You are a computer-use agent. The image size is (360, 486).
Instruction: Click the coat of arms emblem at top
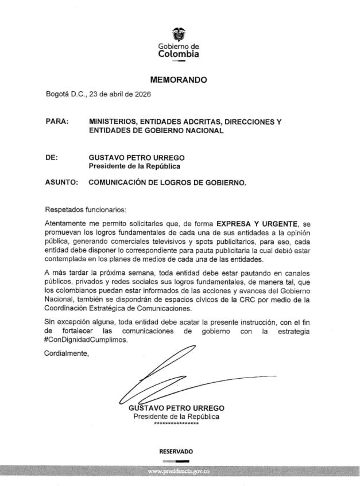[x=179, y=34]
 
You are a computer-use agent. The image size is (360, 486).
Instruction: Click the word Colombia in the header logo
[x=179, y=55]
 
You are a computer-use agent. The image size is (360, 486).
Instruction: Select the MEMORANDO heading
[x=179, y=81]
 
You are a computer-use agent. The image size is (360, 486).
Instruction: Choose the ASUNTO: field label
[x=61, y=183]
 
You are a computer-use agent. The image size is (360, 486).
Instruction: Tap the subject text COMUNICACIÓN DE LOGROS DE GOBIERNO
[x=168, y=183]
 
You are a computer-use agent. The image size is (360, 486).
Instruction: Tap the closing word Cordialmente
[x=67, y=352]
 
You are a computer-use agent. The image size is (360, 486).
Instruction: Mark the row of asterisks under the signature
[x=176, y=423]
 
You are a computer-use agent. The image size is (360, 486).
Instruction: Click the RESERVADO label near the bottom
[x=176, y=452]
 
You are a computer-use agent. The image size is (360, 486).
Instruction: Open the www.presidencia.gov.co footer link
[x=179, y=471]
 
